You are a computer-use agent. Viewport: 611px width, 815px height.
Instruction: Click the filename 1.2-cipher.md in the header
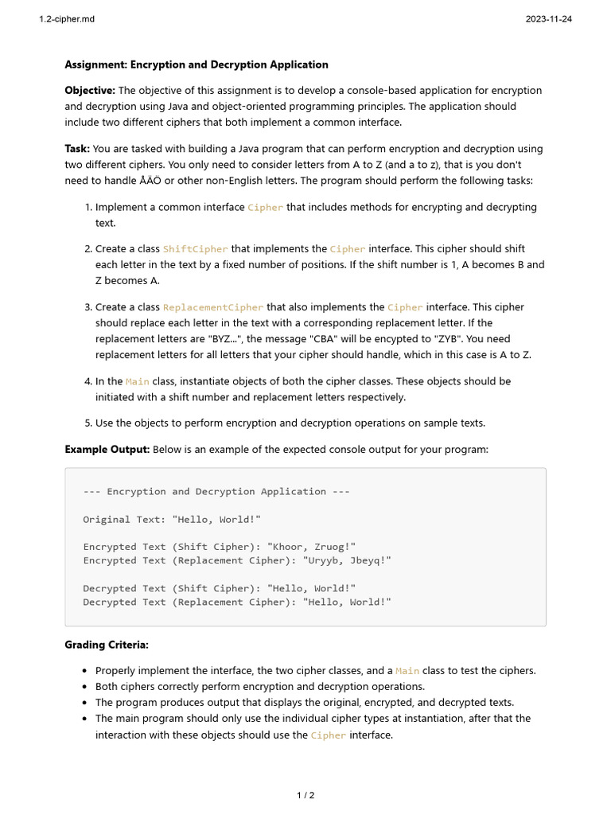(x=67, y=19)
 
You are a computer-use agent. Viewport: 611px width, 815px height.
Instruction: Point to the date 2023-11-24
(x=548, y=19)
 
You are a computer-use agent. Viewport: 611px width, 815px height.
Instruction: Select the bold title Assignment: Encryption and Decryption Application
(x=196, y=64)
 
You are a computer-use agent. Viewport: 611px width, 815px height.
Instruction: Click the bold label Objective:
(x=90, y=91)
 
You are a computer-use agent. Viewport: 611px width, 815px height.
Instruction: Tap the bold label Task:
(x=77, y=149)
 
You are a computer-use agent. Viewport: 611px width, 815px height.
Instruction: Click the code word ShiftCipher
(x=195, y=249)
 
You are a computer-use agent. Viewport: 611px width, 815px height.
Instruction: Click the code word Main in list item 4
(x=137, y=381)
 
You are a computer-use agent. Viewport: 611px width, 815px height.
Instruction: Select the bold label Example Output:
(x=107, y=450)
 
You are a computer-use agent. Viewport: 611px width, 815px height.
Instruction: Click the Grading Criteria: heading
(x=106, y=645)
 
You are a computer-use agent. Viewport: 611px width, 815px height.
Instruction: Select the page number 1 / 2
(x=305, y=795)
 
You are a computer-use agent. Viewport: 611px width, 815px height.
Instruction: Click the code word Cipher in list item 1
(x=265, y=207)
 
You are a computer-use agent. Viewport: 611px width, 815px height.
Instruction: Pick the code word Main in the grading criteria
(x=407, y=671)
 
